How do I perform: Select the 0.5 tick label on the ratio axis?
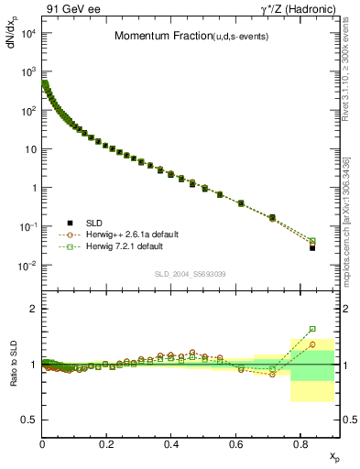(27, 420)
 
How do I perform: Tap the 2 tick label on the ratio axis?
(32, 309)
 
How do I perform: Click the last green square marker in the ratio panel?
(312, 329)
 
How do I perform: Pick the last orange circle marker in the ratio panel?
(312, 344)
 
